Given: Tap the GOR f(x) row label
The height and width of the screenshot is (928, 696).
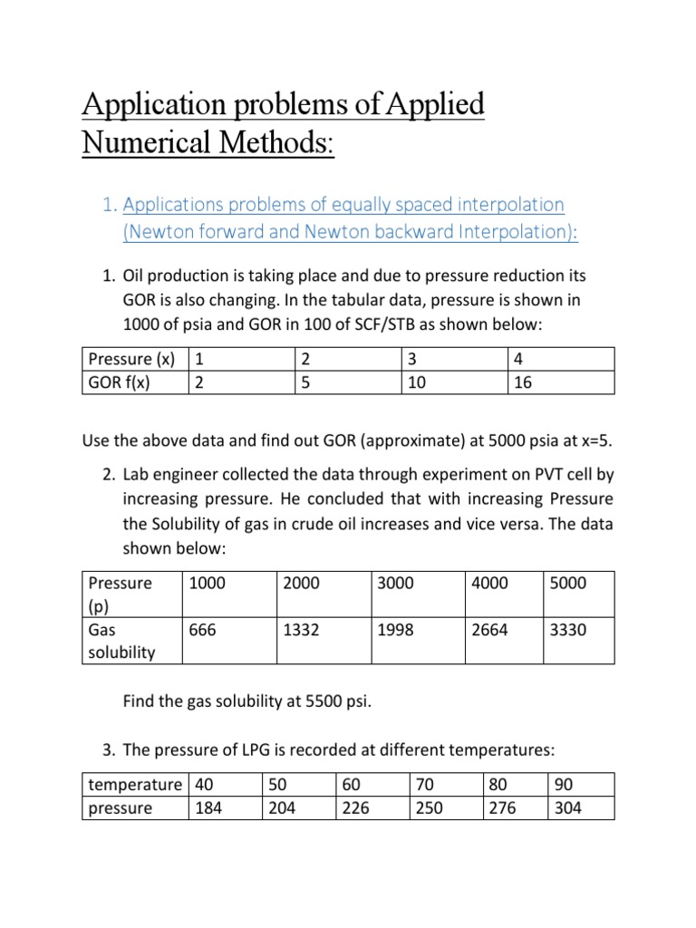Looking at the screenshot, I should (117, 382).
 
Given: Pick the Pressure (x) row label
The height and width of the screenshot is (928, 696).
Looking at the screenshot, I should (129, 358).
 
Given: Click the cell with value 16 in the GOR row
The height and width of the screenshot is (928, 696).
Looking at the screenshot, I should (523, 382).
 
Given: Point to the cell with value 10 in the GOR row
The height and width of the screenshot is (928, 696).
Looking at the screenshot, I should (418, 382).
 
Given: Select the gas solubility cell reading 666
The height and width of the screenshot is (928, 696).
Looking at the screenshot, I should (202, 630).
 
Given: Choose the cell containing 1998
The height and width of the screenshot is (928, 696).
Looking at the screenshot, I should (395, 630).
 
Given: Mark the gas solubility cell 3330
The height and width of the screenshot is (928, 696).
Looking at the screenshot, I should (568, 630).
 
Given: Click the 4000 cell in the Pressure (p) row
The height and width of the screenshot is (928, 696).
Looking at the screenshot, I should (490, 583).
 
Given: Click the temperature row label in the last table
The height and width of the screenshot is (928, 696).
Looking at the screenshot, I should (134, 784).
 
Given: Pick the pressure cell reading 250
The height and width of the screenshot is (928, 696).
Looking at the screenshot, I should (428, 807).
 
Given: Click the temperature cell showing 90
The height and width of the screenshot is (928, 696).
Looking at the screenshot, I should (562, 784).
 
